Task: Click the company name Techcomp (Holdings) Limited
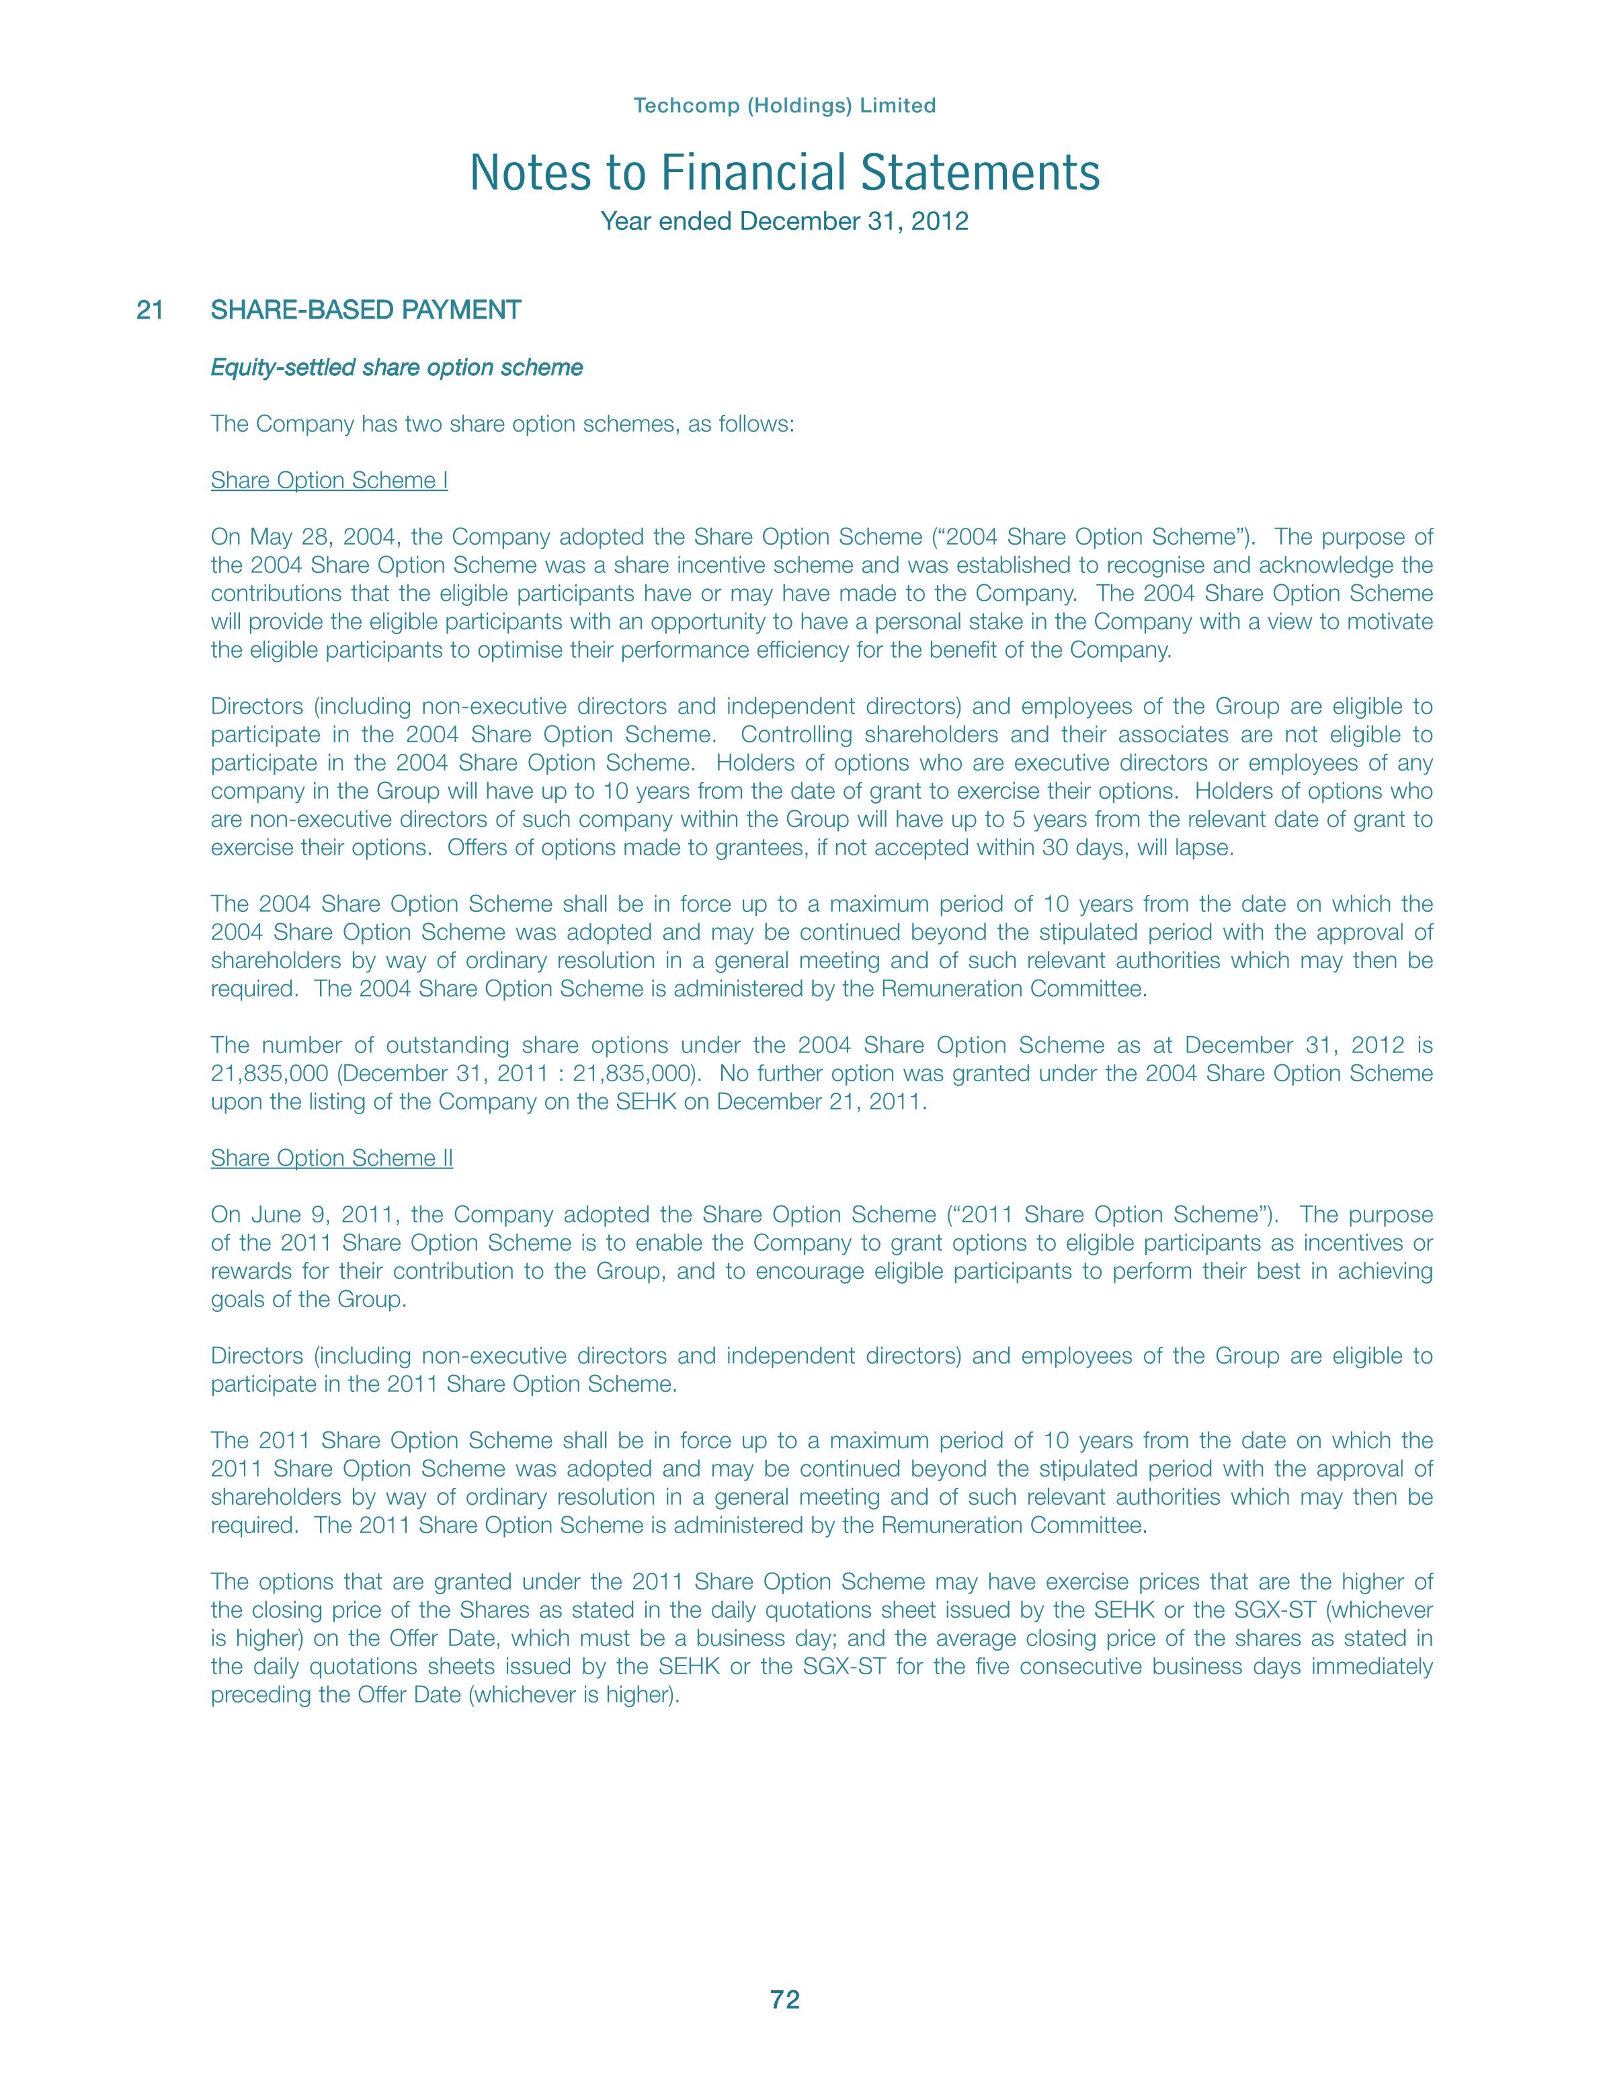point(784,106)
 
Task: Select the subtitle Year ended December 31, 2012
point(784,222)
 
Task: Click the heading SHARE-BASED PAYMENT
point(366,311)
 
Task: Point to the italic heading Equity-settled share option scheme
point(396,368)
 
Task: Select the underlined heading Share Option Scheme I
point(329,481)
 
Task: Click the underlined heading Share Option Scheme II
point(331,1159)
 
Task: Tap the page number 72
point(785,2000)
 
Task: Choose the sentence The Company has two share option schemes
point(501,424)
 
